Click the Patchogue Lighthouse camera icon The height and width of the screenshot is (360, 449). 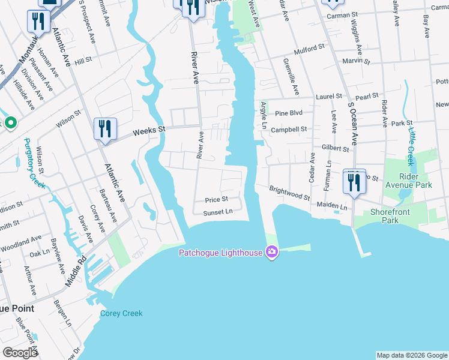272,252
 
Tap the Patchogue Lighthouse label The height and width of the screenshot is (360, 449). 220,253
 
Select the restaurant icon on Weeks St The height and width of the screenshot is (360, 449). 104,129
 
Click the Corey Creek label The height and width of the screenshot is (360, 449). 121,313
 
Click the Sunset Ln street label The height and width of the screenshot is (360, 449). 217,212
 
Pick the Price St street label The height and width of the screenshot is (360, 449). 216,199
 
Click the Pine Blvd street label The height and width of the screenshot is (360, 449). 289,113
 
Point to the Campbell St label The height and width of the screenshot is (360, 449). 289,129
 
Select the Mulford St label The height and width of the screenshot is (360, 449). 309,46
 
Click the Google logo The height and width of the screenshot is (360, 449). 20,353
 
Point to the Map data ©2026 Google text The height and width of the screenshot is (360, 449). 412,355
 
